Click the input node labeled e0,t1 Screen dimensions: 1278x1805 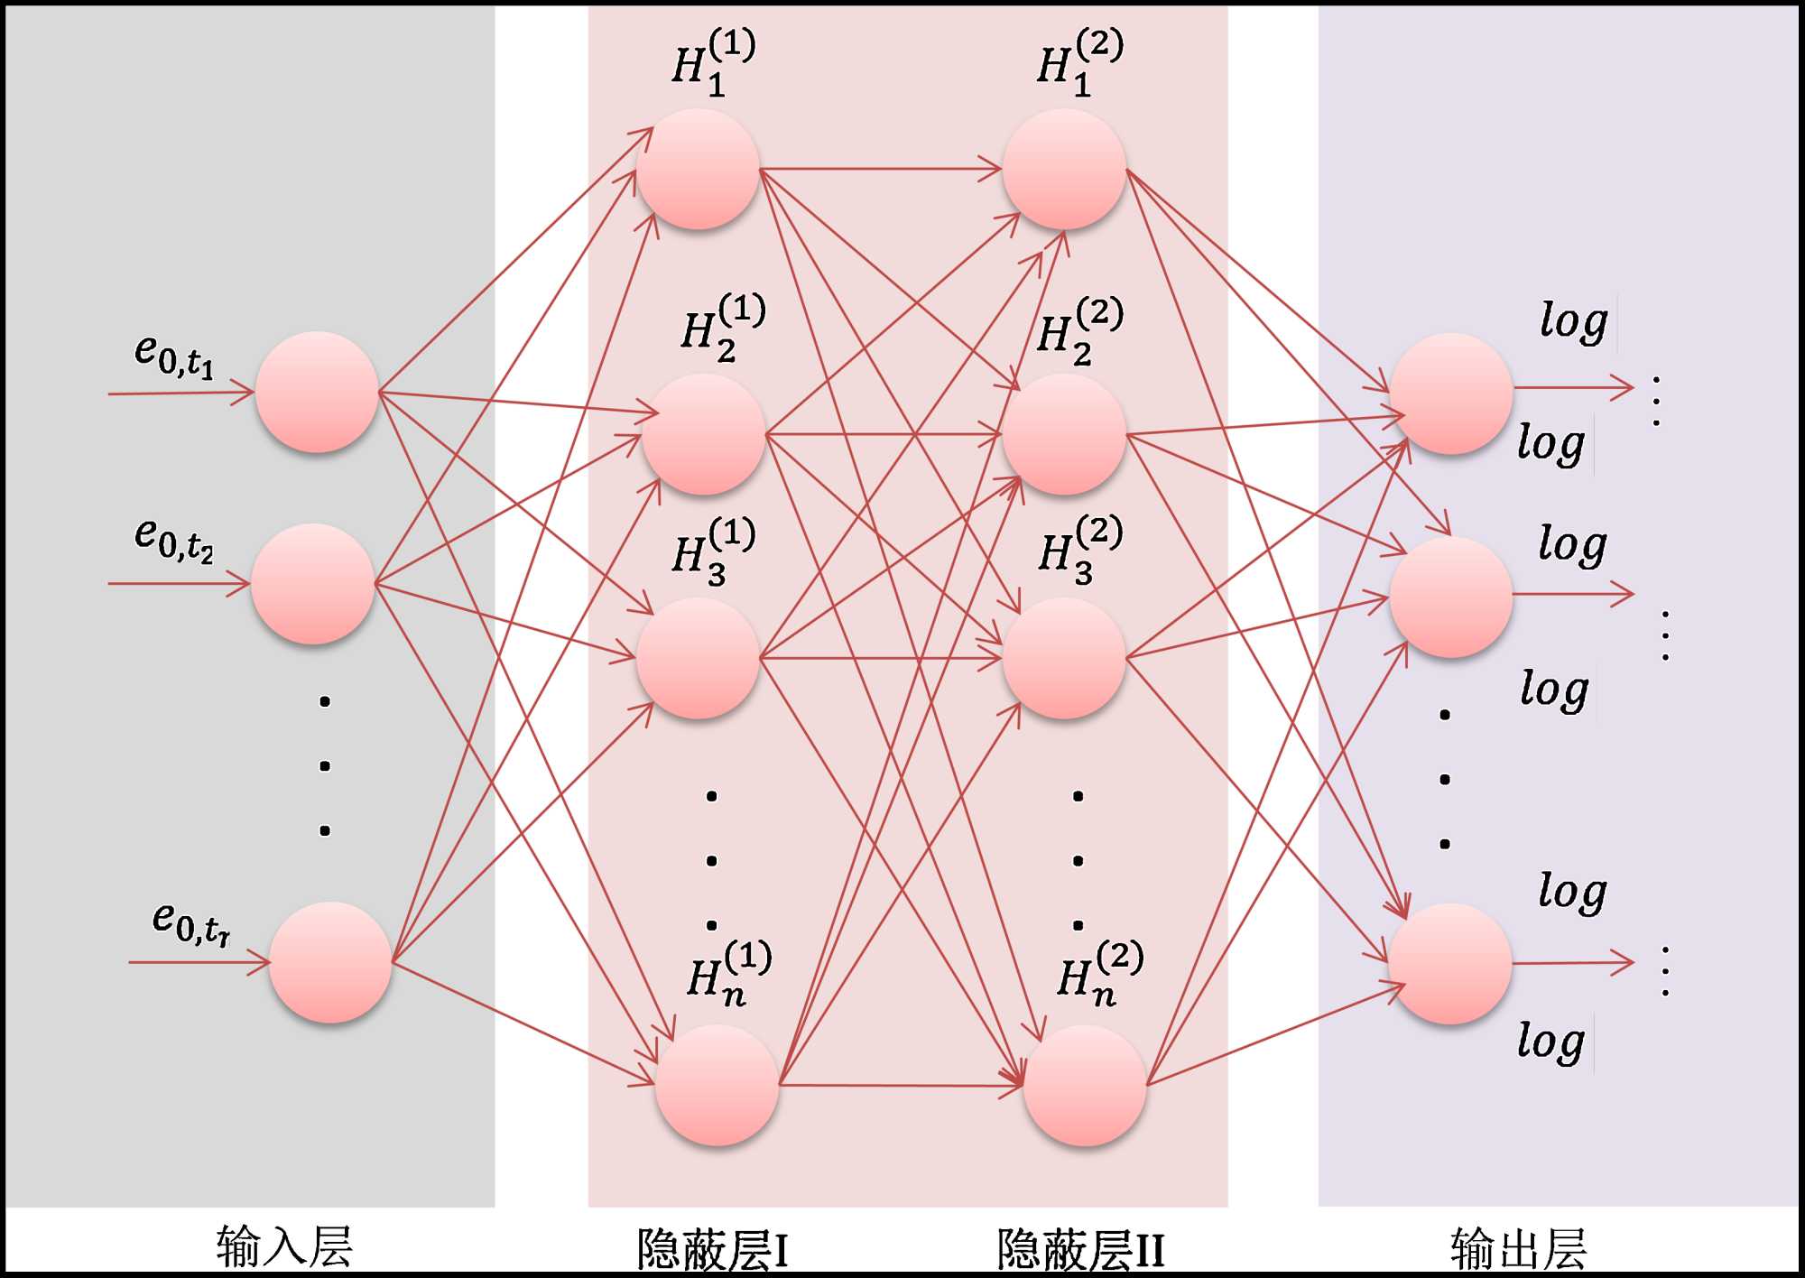pyautogui.click(x=317, y=392)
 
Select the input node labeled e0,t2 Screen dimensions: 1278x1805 pyautogui.click(x=312, y=583)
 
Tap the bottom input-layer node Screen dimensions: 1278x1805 pyautogui.click(x=330, y=962)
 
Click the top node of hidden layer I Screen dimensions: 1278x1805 pyautogui.click(x=698, y=169)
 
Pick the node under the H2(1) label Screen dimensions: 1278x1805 pyautogui.click(x=704, y=434)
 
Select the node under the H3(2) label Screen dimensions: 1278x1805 pyautogui.click(x=1064, y=658)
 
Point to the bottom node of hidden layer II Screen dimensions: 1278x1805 pyautogui.click(x=1085, y=1085)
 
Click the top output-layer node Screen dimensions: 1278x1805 pyautogui.click(x=1451, y=394)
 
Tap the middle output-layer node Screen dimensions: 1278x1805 pyautogui.click(x=1451, y=597)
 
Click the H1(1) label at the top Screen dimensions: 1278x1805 pyautogui.click(x=713, y=61)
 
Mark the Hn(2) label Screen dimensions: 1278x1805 pyautogui.click(x=1099, y=973)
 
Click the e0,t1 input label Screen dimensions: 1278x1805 pyautogui.click(x=174, y=355)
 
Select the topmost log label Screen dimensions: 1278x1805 pyautogui.click(x=1573, y=321)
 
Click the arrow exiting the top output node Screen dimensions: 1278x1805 pyautogui.click(x=1574, y=388)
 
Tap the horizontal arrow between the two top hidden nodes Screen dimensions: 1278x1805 pyautogui.click(x=881, y=169)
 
